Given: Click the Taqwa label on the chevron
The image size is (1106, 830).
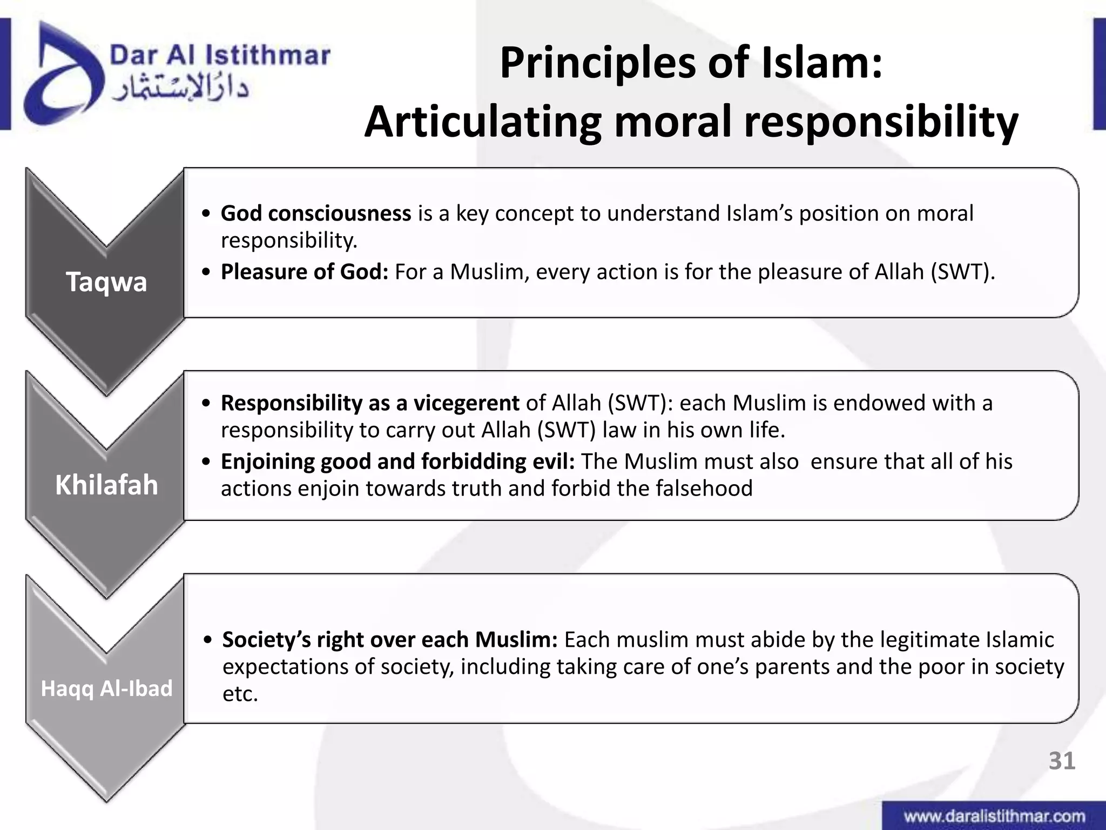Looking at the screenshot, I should coord(106,282).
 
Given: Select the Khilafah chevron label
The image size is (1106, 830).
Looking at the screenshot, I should coord(106,485).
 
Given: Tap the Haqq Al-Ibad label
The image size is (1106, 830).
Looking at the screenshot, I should coord(106,688).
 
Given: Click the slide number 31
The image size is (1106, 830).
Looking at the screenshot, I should coord(1062,761).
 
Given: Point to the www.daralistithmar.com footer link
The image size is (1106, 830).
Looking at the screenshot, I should coord(994,816).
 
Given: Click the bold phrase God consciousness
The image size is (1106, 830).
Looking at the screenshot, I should coord(316,213).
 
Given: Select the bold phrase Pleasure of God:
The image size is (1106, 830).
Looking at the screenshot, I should coord(305,272).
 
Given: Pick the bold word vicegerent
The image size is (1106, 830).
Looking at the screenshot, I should coord(466,403).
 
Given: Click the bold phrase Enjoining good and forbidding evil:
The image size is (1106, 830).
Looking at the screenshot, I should coord(398,461).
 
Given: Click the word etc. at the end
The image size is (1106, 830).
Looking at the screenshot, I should coord(240,694).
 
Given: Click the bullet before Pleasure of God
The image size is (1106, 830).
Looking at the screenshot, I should coord(206,272).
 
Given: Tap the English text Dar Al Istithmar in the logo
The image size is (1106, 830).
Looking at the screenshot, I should coord(220,55).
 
